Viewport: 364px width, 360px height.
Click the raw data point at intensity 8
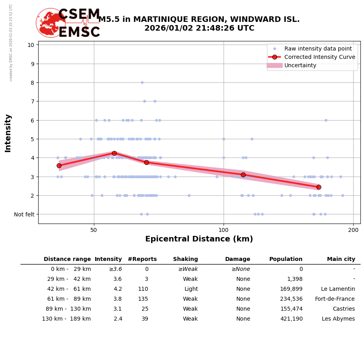[142, 82]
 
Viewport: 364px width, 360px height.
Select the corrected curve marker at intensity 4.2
[114, 153]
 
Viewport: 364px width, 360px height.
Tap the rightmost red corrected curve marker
[319, 187]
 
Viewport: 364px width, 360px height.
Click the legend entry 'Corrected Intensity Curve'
[319, 57]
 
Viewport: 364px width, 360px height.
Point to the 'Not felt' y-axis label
[24, 214]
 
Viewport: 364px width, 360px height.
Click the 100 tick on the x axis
[224, 230]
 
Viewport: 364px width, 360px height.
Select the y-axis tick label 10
[31, 45]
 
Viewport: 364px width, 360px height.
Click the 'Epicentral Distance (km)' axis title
[199, 239]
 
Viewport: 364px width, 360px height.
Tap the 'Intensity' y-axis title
[8, 133]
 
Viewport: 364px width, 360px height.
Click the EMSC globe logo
[51, 23]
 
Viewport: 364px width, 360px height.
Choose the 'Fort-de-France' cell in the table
[335, 299]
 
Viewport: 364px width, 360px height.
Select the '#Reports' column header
[142, 259]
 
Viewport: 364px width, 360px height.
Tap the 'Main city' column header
[341, 259]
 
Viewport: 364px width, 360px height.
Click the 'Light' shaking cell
[191, 289]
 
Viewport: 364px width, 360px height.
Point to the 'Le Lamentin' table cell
[338, 289]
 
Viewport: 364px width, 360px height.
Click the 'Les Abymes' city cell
[338, 319]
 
